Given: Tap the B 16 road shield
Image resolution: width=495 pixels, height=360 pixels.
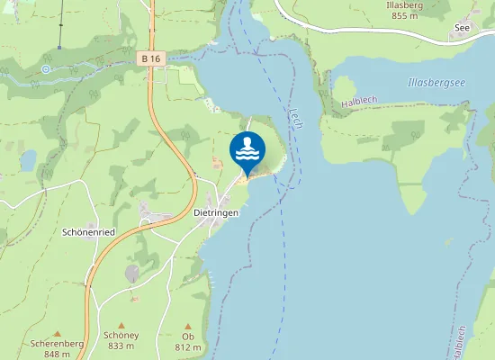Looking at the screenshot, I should click(x=149, y=58).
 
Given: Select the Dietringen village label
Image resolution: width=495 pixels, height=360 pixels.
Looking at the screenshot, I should click(x=216, y=212).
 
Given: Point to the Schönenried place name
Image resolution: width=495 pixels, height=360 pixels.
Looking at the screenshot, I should click(x=88, y=231).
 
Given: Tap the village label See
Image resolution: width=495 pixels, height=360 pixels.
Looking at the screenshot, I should click(x=463, y=28).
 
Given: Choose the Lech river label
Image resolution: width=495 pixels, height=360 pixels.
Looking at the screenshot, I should click(x=295, y=117).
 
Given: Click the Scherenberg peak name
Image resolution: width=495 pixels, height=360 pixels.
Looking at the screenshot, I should click(x=57, y=344).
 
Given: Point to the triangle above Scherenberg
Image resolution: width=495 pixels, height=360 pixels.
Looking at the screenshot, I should click(x=57, y=333).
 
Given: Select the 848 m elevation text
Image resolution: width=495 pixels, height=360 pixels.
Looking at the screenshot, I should click(x=57, y=354).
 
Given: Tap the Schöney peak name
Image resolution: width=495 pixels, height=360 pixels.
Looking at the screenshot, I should click(x=122, y=336).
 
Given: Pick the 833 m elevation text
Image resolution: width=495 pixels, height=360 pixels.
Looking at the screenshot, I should click(x=122, y=346).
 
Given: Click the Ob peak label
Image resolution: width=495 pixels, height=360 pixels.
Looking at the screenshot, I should click(x=188, y=337).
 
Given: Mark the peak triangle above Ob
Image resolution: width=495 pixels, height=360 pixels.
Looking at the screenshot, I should click(x=188, y=326).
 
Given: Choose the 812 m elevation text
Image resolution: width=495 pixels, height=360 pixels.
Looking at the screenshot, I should click(x=188, y=347).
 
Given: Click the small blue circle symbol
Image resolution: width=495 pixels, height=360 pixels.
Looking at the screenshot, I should click(x=46, y=67).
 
